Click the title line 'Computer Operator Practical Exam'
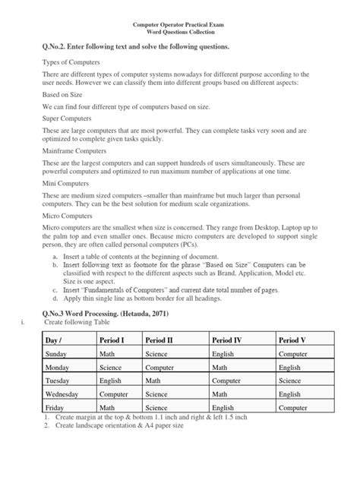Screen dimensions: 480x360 pos(179,24)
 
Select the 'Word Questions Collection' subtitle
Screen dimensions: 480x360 pos(179,32)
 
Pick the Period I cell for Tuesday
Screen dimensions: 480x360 pos(111,381)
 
